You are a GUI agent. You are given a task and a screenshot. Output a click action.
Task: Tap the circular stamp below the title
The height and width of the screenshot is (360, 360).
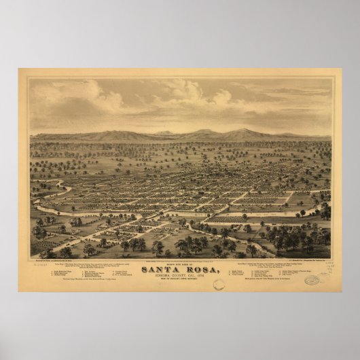217,285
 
